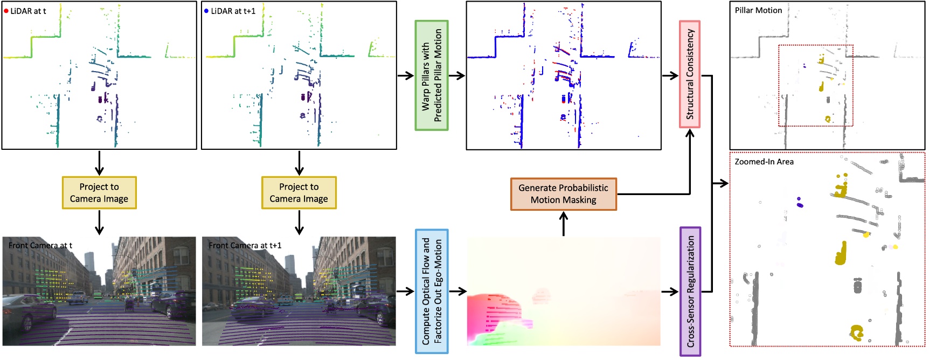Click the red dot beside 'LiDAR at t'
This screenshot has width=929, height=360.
[x=6, y=11]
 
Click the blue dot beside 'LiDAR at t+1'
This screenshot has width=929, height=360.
[x=206, y=11]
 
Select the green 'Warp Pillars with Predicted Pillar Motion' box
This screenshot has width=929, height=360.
[x=432, y=75]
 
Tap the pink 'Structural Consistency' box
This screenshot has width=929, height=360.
[x=690, y=74]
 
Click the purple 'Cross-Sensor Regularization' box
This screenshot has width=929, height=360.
[x=690, y=291]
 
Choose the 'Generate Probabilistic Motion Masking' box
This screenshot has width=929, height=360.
[x=563, y=194]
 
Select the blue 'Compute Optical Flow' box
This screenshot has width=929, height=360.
[x=432, y=291]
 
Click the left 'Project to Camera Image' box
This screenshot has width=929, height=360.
[x=99, y=192]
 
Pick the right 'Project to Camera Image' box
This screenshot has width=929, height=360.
[x=299, y=192]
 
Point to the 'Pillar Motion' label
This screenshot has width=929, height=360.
[x=758, y=10]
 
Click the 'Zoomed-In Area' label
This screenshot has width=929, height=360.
[x=764, y=162]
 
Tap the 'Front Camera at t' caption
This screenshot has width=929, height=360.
[x=40, y=246]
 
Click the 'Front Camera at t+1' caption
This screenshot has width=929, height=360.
[x=245, y=246]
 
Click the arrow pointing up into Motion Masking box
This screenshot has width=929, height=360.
[x=564, y=223]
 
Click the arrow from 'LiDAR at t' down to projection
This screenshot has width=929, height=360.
[x=99, y=163]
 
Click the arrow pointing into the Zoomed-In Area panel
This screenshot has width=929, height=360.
[x=720, y=183]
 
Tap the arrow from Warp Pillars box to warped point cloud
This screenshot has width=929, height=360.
[x=456, y=75]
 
